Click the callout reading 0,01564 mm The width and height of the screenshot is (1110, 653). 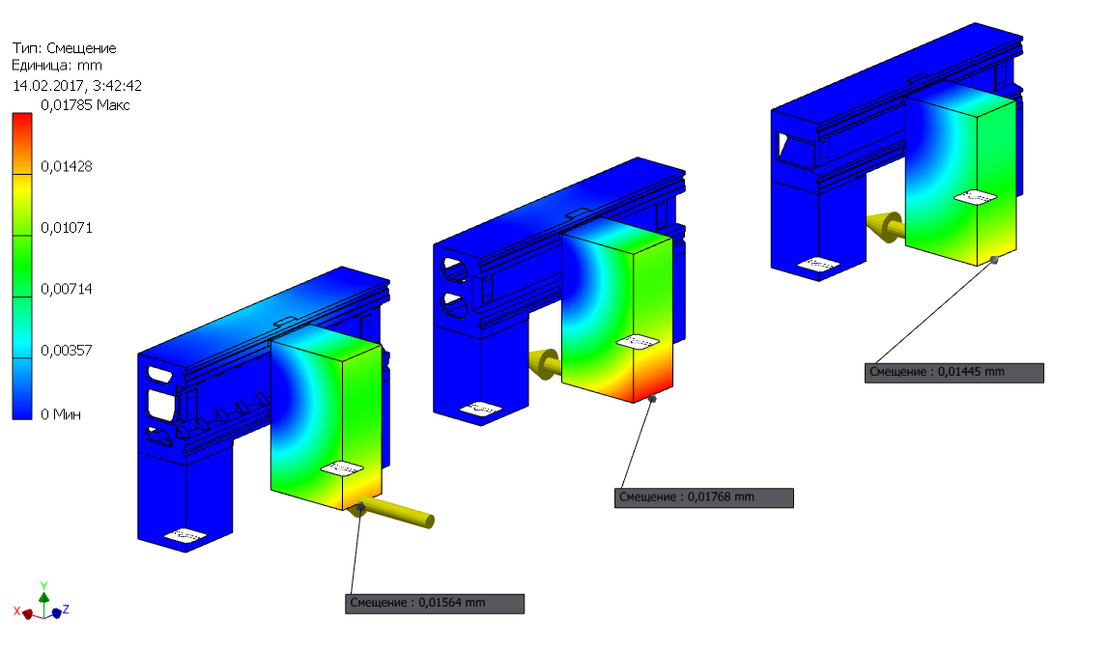(x=435, y=604)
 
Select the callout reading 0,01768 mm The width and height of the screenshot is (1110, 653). (x=703, y=497)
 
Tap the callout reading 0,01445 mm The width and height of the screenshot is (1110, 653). (x=954, y=372)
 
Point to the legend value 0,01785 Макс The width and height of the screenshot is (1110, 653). (x=85, y=105)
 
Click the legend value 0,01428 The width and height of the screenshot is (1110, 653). (x=67, y=166)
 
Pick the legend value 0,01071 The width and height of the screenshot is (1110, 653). (x=67, y=228)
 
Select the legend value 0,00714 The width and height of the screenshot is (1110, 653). (x=67, y=289)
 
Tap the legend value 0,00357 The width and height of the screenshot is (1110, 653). (x=67, y=351)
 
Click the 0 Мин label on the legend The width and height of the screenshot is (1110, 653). (x=61, y=414)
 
